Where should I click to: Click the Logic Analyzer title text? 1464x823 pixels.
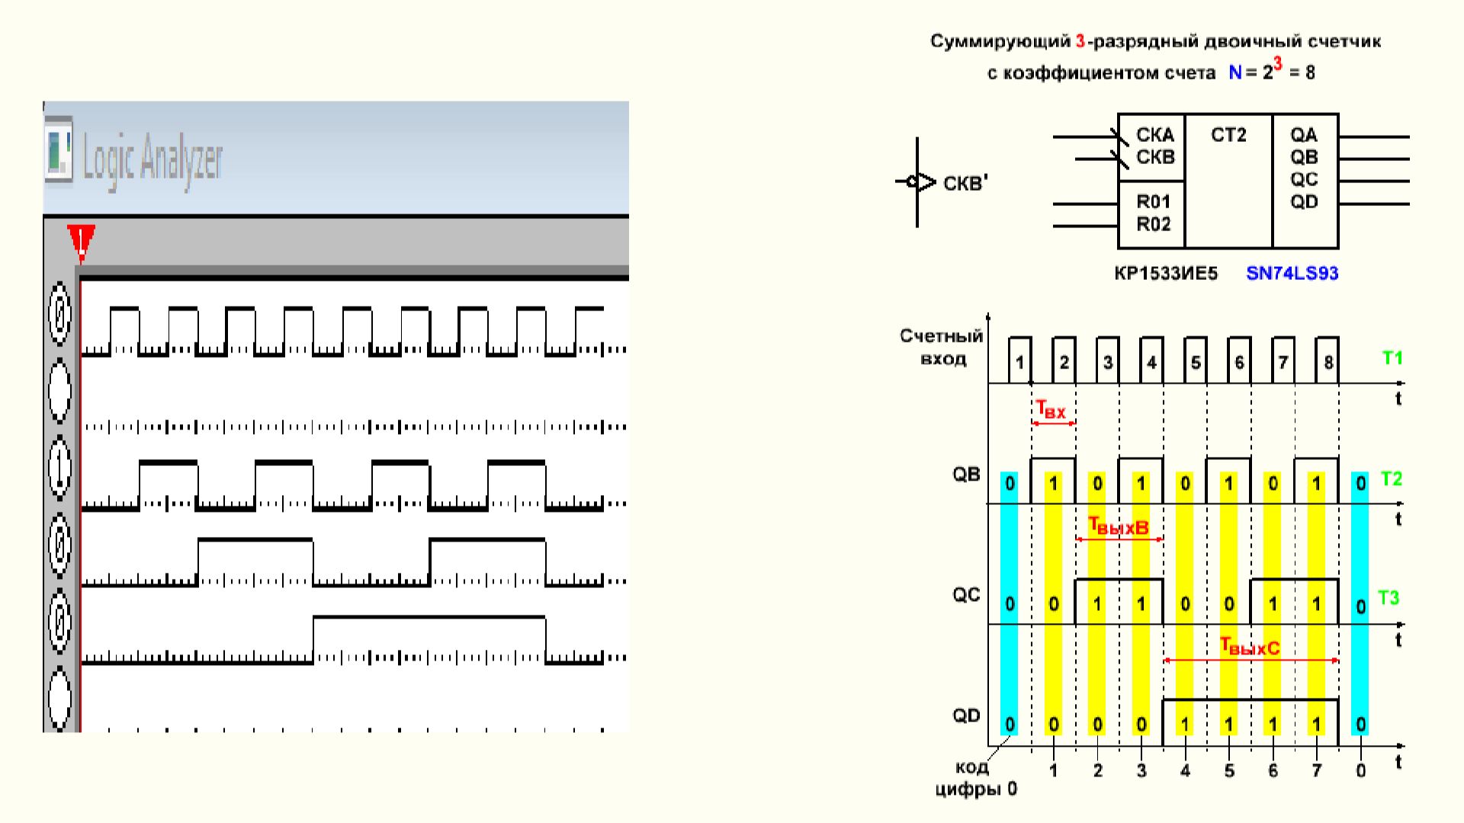point(152,159)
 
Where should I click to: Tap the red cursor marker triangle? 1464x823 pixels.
point(81,240)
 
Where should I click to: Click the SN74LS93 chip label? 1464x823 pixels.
point(1292,273)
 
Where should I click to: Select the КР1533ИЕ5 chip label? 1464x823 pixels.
point(1166,273)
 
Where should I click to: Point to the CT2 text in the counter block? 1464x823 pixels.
point(1228,135)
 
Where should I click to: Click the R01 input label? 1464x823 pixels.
point(1153,202)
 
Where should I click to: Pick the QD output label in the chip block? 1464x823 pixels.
point(1304,202)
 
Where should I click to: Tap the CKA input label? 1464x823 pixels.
point(1155,135)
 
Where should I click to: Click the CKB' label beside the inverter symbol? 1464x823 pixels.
point(965,184)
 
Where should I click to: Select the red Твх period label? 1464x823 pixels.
point(1051,411)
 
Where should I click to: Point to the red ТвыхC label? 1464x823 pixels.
point(1250,648)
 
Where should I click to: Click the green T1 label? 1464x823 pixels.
point(1392,357)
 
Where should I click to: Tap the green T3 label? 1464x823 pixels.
point(1389,598)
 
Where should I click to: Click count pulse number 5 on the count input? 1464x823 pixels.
point(1195,362)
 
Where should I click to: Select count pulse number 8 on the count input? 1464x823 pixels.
point(1328,362)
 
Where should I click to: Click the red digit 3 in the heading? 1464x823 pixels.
point(1080,41)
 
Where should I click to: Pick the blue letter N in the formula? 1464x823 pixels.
point(1235,73)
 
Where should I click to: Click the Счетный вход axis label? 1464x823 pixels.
point(942,347)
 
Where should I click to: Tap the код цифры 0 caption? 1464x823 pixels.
point(975,778)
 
